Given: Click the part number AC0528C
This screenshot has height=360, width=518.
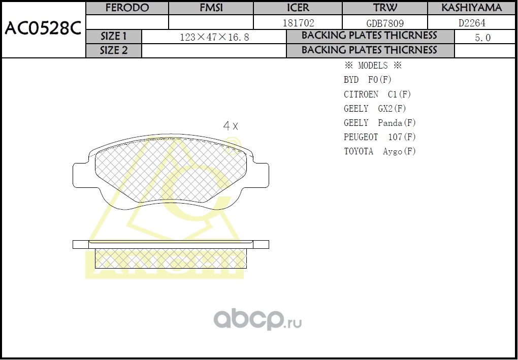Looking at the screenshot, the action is click(x=43, y=29).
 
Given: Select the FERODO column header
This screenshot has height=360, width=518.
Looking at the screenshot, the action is click(x=127, y=8).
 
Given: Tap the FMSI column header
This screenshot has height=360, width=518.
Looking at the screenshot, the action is click(x=211, y=8).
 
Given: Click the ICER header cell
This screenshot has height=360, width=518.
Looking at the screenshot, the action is click(x=298, y=8).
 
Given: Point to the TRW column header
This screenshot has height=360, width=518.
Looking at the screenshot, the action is click(x=385, y=8).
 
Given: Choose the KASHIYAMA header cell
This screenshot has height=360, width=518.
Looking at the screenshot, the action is click(x=472, y=8).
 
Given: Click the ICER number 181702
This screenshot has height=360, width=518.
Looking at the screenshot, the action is click(x=298, y=23).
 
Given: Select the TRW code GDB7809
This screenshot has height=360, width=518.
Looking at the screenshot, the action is click(x=385, y=23).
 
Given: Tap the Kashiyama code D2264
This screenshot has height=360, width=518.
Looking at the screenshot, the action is click(x=472, y=23).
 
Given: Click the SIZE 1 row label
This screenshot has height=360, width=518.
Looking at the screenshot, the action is click(x=113, y=37).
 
